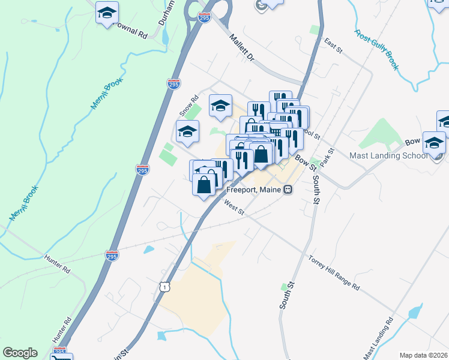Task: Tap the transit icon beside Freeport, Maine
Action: tap(288, 190)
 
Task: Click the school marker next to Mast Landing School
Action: tap(433, 143)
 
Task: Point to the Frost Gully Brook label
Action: tap(376, 50)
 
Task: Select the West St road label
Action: tap(234, 208)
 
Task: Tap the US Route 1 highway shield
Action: tap(165, 287)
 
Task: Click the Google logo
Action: tap(20, 353)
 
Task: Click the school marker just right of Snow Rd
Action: tap(221, 106)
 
